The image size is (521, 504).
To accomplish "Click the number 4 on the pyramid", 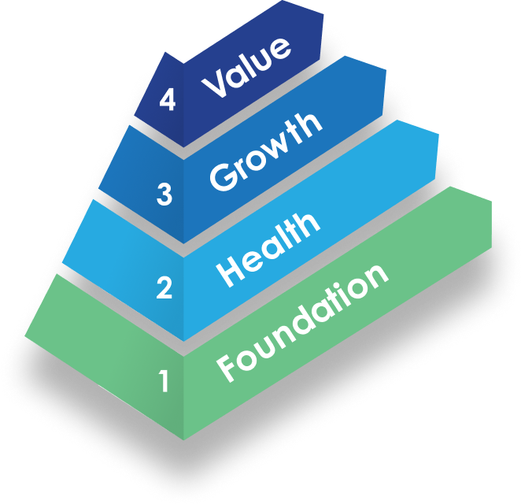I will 166,99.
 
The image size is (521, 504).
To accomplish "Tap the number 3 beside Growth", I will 164,194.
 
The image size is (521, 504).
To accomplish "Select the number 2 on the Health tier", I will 164,288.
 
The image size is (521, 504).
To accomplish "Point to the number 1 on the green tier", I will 164,382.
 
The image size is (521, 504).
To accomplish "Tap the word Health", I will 268,246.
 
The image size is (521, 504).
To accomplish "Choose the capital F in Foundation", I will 227,367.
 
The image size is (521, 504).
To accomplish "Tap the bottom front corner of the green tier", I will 183,439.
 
